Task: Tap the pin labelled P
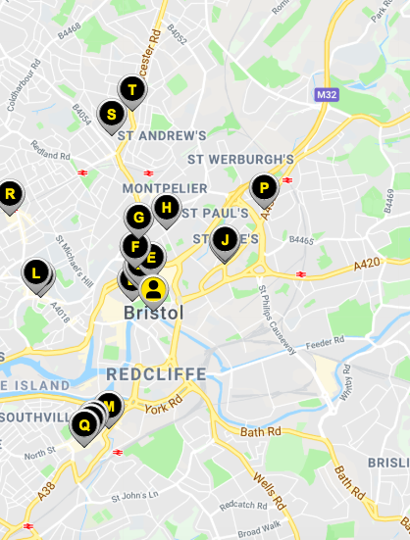[x=264, y=187]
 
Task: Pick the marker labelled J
[x=226, y=239]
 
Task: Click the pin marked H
[x=168, y=208]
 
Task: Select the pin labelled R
[x=10, y=194]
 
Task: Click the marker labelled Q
[x=84, y=424]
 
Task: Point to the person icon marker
[x=153, y=289]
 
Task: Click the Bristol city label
[x=154, y=313]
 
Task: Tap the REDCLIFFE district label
[x=156, y=374]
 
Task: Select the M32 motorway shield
[x=327, y=95]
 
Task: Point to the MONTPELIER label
[x=165, y=187]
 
